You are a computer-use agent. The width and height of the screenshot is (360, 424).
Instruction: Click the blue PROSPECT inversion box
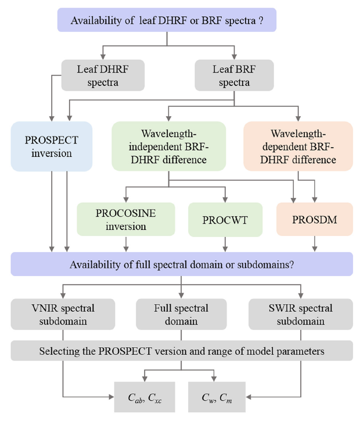(x=52, y=146)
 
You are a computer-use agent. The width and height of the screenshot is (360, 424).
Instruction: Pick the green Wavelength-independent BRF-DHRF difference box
(x=168, y=146)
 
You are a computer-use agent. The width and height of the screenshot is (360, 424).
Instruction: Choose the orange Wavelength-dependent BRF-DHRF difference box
(x=298, y=146)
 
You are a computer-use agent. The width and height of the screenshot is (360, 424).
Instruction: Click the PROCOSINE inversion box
(x=126, y=219)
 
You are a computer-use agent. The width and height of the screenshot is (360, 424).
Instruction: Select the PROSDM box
(x=314, y=220)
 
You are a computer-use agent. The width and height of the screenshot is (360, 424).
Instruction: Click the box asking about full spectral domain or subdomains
(x=181, y=264)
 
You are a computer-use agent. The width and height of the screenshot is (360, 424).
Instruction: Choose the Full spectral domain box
(x=182, y=314)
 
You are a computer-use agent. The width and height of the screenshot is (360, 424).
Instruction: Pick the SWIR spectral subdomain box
(x=300, y=314)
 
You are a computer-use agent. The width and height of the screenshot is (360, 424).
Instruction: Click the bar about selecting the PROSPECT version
(x=181, y=351)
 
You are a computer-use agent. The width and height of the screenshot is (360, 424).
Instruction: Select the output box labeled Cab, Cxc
(x=143, y=397)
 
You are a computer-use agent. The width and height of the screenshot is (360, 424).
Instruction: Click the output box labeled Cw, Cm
(x=218, y=397)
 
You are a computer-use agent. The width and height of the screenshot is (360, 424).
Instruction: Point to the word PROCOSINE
(x=126, y=213)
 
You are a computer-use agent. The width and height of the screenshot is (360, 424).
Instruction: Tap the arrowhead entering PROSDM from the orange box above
(x=315, y=199)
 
